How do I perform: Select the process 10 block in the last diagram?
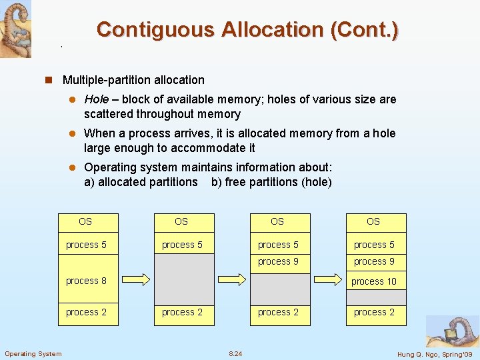[x=374, y=281]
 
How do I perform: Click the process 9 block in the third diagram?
[x=279, y=261]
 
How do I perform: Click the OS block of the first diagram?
[x=86, y=221]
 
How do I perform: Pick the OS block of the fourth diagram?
[x=374, y=221]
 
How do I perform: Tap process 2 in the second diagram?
[x=183, y=312]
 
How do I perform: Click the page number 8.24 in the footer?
[x=235, y=353]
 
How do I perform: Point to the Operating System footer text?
[x=33, y=353]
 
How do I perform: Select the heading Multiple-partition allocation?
[x=133, y=80]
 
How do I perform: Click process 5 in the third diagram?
[x=279, y=245]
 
